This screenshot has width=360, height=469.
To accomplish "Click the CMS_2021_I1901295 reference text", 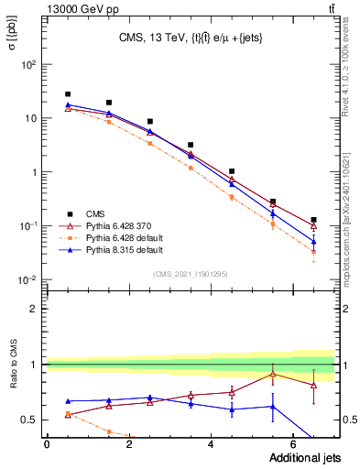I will point(190,273).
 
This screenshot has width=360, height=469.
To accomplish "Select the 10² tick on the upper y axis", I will point(30,65).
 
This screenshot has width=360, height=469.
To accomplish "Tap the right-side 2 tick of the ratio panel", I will point(349,309).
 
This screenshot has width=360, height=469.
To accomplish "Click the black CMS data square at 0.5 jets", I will point(68,94).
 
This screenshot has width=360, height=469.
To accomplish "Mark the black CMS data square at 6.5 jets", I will point(313,220).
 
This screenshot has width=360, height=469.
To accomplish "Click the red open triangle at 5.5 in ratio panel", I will point(272,374).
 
